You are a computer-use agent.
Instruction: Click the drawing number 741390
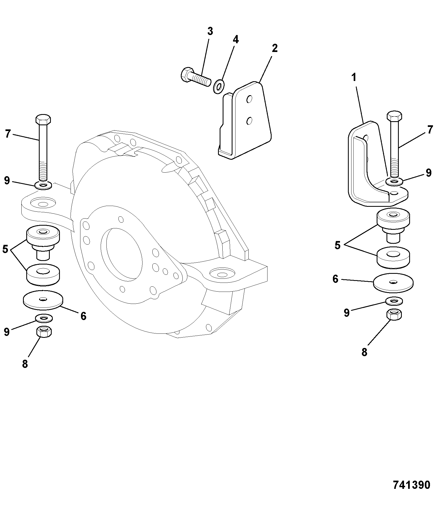pos(411,485)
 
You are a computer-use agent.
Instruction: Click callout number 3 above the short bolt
pos(210,31)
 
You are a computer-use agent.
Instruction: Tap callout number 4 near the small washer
pos(236,40)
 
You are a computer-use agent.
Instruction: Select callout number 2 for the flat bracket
pos(275,48)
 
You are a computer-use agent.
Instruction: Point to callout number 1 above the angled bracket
pos(354,77)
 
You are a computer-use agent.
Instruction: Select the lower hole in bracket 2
pos(249,121)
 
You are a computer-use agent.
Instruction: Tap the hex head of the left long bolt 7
pos(43,119)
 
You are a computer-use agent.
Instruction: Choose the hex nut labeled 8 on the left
pos(44,332)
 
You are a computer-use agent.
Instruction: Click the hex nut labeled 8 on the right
pos(394,314)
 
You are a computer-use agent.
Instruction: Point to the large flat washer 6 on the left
pos(43,300)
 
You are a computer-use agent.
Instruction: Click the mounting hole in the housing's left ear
pos(43,204)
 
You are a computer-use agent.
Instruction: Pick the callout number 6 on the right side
pos(335,279)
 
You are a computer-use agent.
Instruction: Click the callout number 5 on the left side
pos(5,249)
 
